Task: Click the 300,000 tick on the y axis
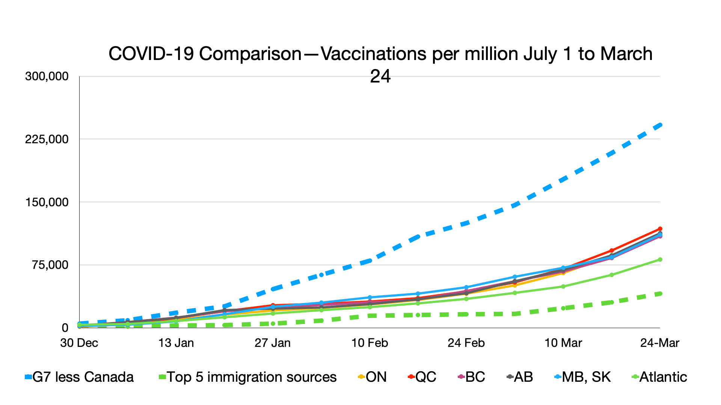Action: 47,76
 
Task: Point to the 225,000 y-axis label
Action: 47,139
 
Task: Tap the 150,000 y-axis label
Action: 47,202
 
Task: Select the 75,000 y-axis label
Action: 50,265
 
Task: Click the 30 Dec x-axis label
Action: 79,343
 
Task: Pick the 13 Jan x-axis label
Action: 176,343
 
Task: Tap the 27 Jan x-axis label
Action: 273,343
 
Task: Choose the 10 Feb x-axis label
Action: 370,343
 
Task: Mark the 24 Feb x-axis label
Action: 466,343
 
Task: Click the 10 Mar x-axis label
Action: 563,343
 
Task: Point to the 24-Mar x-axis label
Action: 660,343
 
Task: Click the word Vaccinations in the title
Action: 374,54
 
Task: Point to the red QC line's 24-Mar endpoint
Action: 660,229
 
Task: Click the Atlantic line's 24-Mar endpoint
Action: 660,259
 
